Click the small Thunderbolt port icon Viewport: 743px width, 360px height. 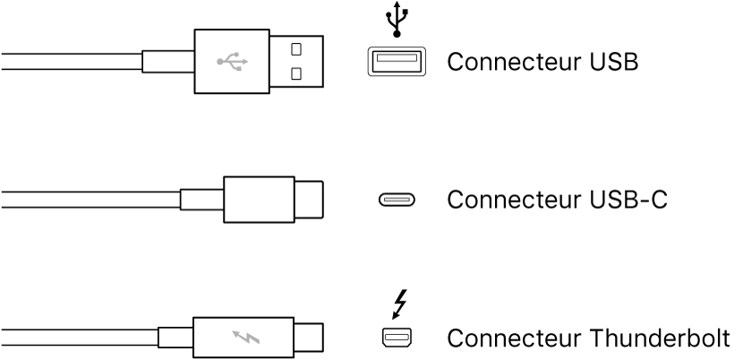(x=394, y=338)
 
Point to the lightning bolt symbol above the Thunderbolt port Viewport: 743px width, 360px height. (x=397, y=304)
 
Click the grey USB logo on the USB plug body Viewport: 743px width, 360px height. (x=232, y=62)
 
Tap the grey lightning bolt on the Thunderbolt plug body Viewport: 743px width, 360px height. (x=243, y=339)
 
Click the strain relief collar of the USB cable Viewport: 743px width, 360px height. (x=168, y=62)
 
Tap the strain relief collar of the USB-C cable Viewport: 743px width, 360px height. (x=201, y=200)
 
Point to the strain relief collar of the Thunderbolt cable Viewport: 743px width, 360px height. (x=175, y=339)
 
